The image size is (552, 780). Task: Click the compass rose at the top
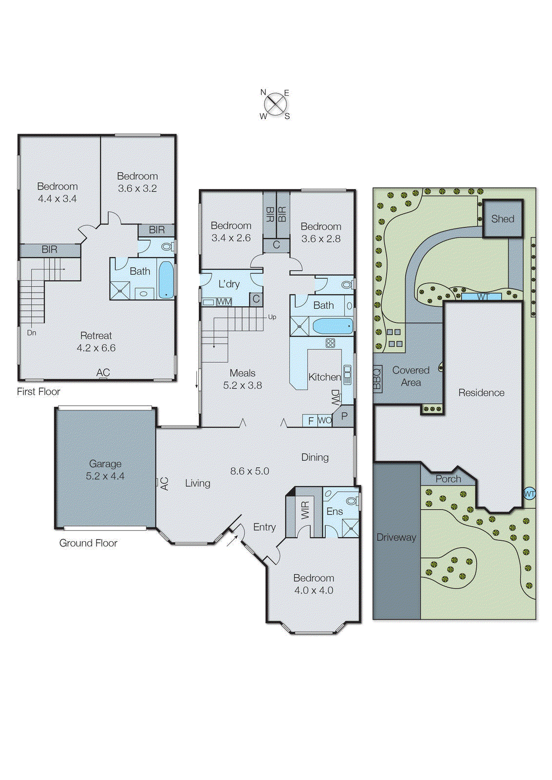coord(276,104)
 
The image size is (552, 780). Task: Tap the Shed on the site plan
coord(502,219)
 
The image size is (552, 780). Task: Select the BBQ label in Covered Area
coord(377,378)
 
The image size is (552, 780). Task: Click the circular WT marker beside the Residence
coord(530,494)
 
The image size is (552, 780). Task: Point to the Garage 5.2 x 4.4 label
coord(105,470)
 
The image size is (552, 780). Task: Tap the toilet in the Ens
coord(351,501)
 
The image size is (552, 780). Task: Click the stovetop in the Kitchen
coord(330,343)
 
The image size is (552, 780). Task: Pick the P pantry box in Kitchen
coord(344,416)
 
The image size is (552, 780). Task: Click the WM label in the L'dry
coord(224,302)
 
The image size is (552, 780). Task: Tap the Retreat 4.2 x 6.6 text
coord(96,342)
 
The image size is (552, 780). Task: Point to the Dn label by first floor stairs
coord(32,332)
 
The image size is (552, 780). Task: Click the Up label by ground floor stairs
coord(272,317)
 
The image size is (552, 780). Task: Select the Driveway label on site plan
coord(396,537)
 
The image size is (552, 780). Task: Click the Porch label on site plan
coord(448,479)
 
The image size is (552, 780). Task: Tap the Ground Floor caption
coord(88,543)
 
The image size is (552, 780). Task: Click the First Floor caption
coord(38,391)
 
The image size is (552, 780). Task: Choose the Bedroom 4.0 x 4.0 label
coord(314,584)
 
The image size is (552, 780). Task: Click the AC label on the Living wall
coord(164,483)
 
